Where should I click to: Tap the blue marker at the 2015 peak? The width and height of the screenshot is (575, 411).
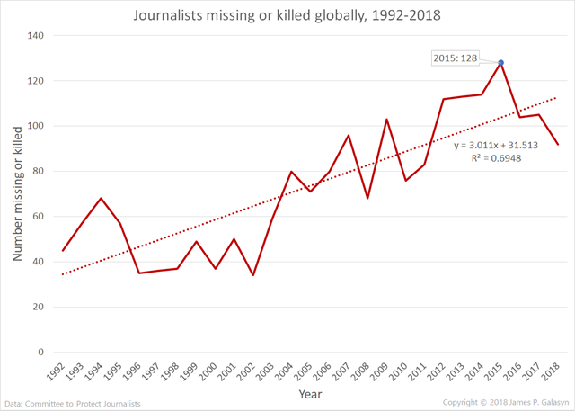500,62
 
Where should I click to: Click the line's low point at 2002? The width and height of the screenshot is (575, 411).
253,275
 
